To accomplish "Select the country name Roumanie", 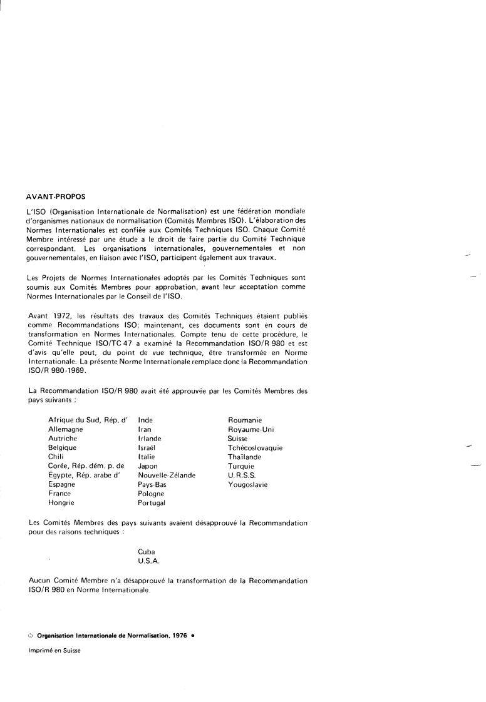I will pyautogui.click(x=245, y=420).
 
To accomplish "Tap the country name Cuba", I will pyautogui.click(x=146, y=552).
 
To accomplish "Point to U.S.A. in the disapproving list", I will pyautogui.click(x=149, y=561).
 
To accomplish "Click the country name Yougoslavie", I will pyautogui.click(x=247, y=484).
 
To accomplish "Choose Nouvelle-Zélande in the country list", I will pyautogui.click(x=167, y=476).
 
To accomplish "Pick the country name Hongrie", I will pyautogui.click(x=61, y=502).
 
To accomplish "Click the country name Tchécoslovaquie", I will pyautogui.click(x=255, y=448).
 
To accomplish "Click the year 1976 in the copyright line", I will pyautogui.click(x=179, y=635).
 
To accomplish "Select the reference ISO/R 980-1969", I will pyautogui.click(x=56, y=370).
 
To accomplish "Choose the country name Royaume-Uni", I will pyautogui.click(x=251, y=430).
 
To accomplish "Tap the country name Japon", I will pyautogui.click(x=148, y=466).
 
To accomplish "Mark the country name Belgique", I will pyautogui.click(x=62, y=448).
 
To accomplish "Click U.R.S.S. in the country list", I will pyautogui.click(x=242, y=476).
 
